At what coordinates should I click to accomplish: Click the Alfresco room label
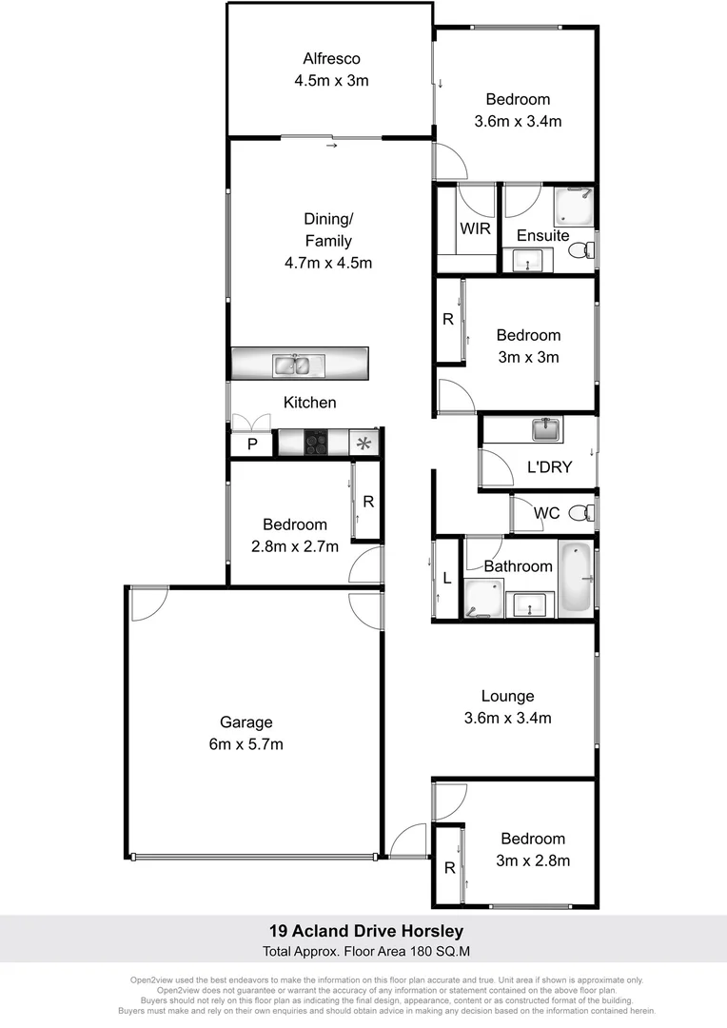331,57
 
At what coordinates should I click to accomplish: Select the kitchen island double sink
292,364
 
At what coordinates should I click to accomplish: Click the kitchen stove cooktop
317,443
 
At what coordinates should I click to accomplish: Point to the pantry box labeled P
252,445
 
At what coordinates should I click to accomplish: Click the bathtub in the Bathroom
576,578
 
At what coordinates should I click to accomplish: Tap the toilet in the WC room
580,514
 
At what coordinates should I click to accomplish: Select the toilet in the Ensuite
580,250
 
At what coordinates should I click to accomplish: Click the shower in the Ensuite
575,205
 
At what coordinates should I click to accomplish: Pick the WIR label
474,229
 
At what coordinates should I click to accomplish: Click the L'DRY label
549,467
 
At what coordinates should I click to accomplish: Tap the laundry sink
546,430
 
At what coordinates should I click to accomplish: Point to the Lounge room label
507,696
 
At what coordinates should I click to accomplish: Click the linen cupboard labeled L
446,578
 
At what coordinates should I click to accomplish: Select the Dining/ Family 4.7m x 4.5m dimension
328,263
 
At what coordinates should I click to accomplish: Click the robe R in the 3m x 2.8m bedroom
448,867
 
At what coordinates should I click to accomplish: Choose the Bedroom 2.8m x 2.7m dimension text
294,547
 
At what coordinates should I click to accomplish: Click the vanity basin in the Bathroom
528,604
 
